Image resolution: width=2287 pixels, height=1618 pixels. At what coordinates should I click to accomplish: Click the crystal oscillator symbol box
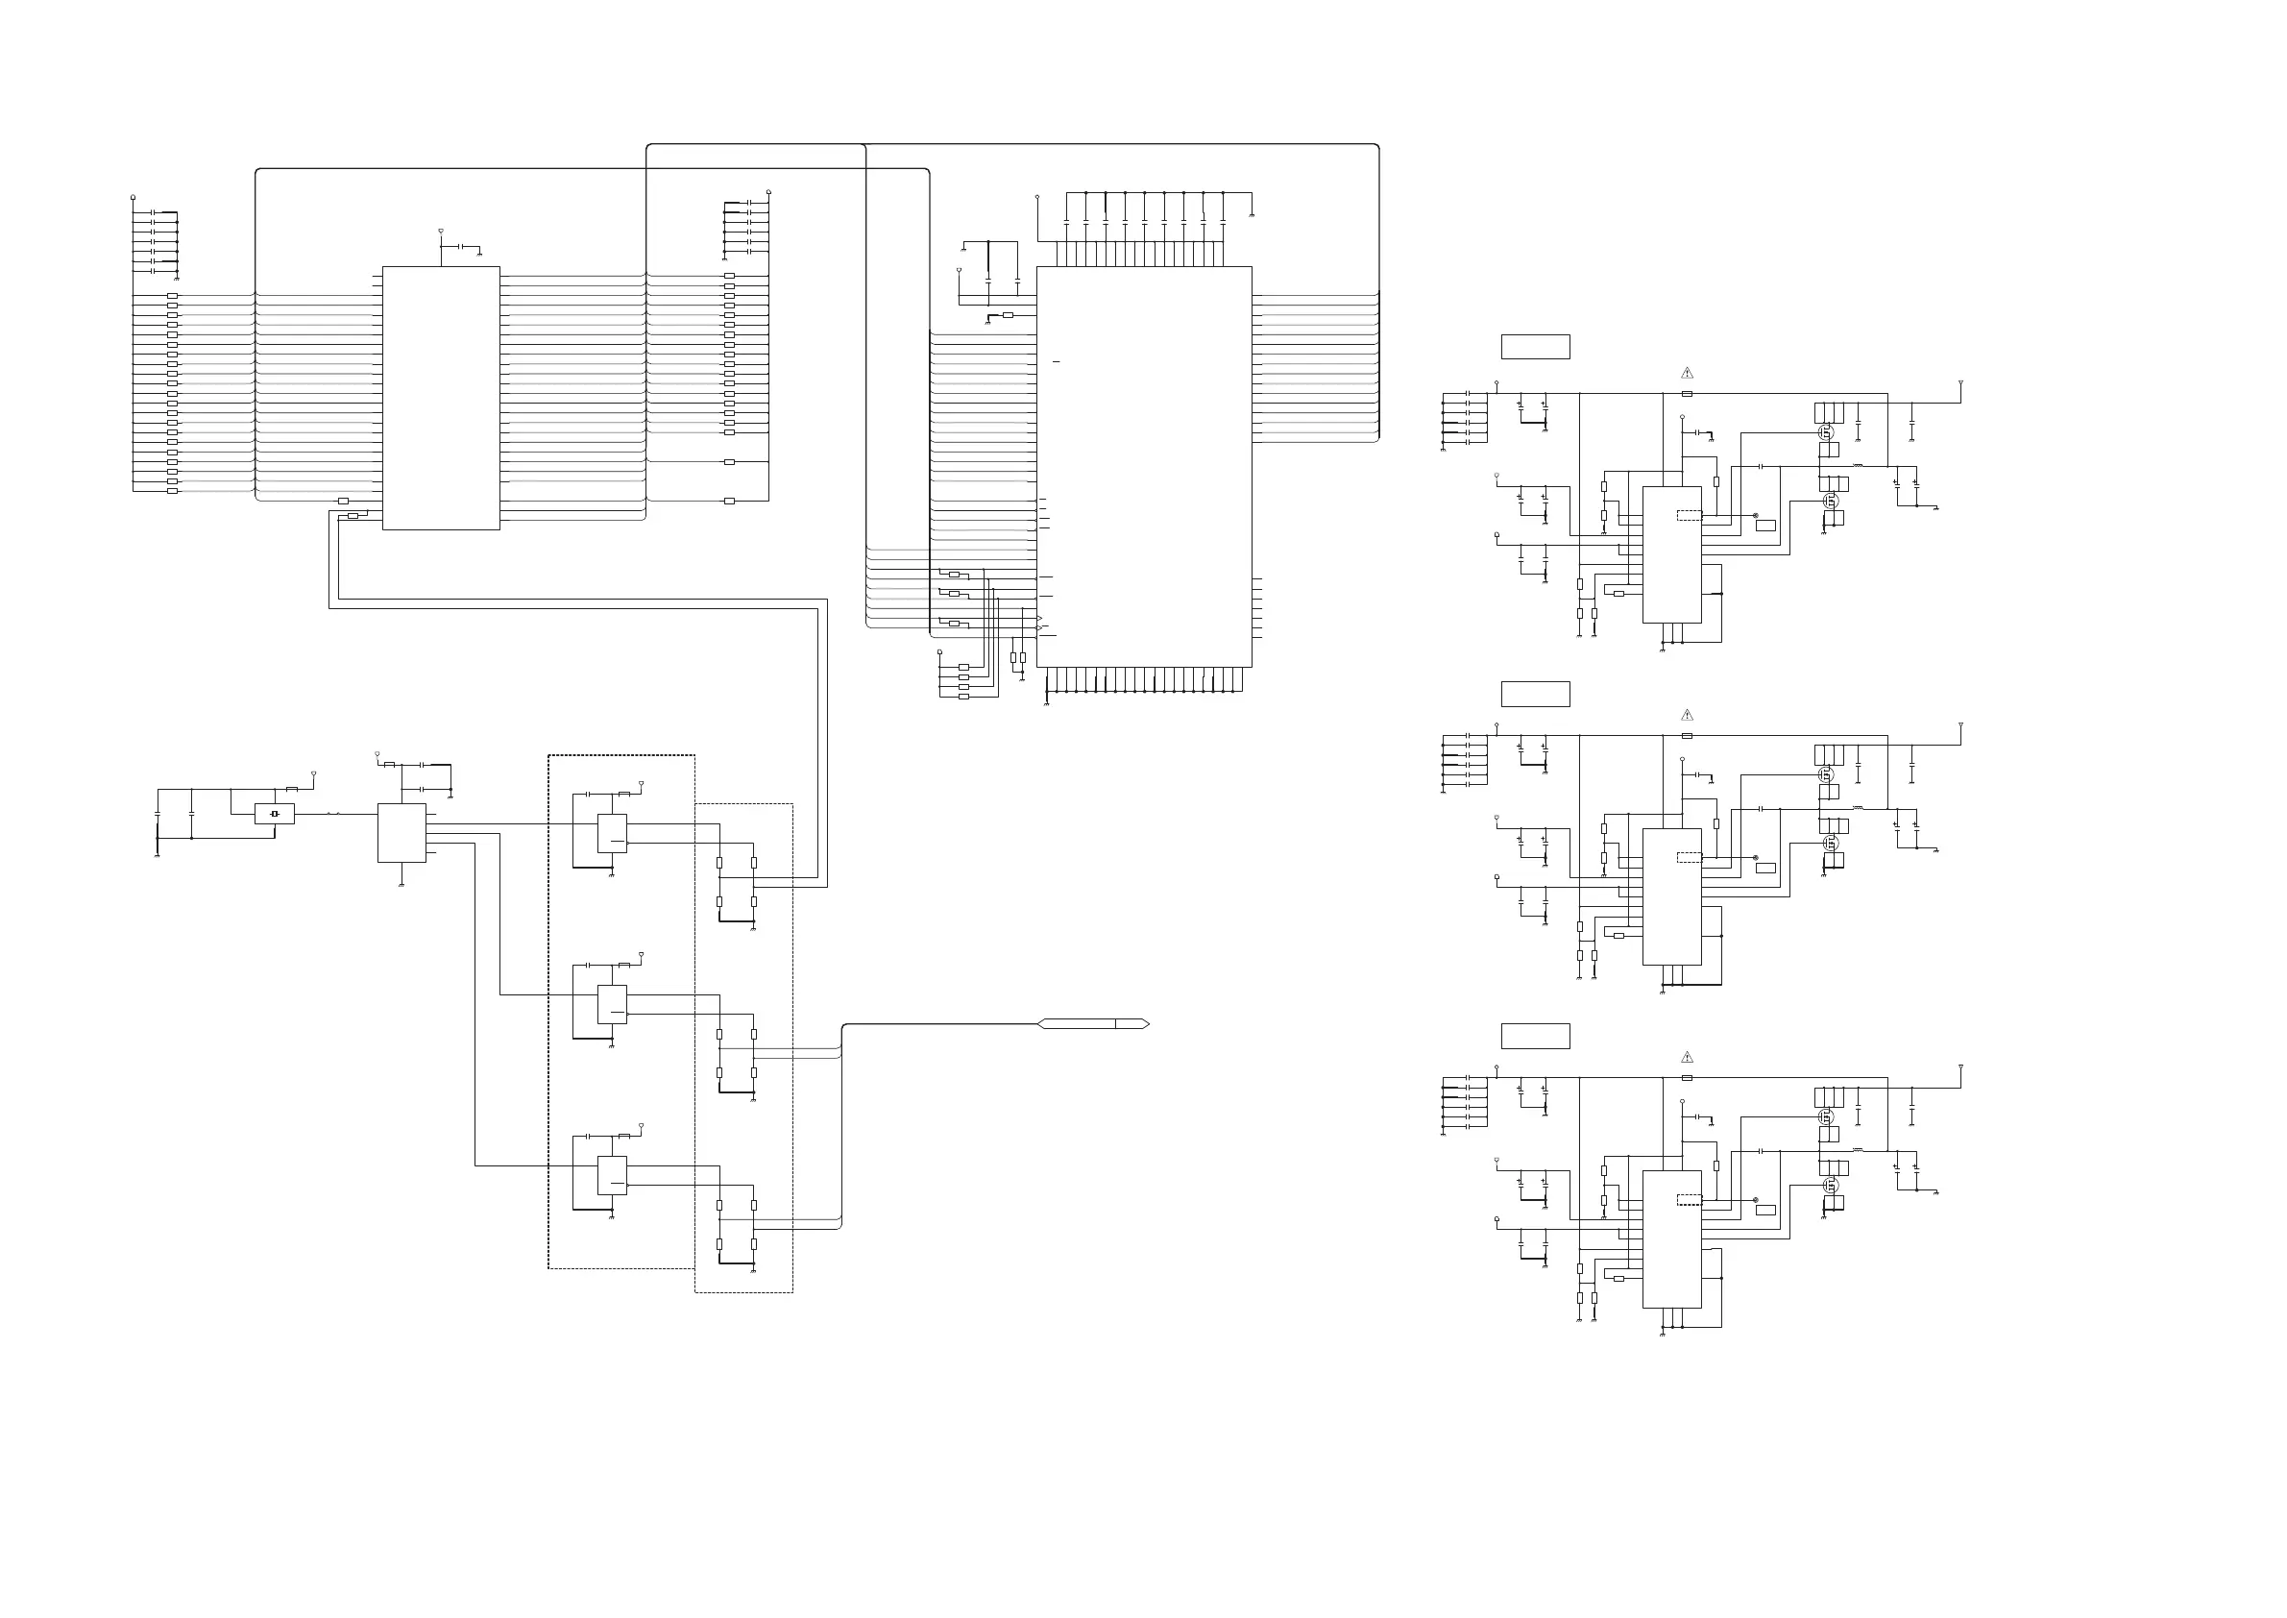tap(275, 814)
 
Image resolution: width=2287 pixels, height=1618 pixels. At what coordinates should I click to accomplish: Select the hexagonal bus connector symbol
tap(1094, 1024)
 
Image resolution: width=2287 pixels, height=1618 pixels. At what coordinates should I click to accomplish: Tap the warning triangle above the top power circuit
tap(1687, 373)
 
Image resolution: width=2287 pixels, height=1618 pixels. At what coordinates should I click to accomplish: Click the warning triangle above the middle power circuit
tap(1687, 716)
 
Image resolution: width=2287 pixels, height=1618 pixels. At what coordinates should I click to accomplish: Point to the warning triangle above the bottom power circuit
tap(1687, 1057)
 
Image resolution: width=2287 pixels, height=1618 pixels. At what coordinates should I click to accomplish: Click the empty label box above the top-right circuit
tap(1535, 347)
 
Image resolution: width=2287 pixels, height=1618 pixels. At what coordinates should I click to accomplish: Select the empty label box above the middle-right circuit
tap(1535, 695)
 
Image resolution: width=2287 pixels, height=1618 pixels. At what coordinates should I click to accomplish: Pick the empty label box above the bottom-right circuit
tap(1535, 1036)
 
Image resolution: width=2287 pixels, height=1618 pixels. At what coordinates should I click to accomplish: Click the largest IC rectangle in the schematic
tap(1143, 466)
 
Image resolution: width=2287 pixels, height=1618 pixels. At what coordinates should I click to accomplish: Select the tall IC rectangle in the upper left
tap(441, 398)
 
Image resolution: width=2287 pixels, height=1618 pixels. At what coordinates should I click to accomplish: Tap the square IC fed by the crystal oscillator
tap(401, 833)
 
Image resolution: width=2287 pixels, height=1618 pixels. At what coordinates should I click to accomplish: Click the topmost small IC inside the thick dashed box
tap(612, 833)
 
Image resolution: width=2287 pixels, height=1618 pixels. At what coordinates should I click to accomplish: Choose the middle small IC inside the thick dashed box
tap(612, 1004)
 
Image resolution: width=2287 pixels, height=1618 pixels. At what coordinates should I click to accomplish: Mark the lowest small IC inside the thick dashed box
tap(612, 1176)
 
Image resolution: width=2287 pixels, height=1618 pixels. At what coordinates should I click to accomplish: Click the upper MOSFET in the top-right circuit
tap(1826, 432)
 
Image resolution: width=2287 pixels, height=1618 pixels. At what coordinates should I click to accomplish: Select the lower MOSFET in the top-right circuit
tap(1829, 501)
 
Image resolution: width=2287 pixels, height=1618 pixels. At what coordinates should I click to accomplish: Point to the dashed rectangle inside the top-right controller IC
tap(1690, 515)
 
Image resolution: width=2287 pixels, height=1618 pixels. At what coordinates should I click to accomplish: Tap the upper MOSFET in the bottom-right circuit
tap(1826, 1116)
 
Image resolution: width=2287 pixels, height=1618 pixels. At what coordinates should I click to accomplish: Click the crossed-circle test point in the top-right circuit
tap(1755, 515)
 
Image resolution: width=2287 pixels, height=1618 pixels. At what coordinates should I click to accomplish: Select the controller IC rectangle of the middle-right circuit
tap(1671, 896)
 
